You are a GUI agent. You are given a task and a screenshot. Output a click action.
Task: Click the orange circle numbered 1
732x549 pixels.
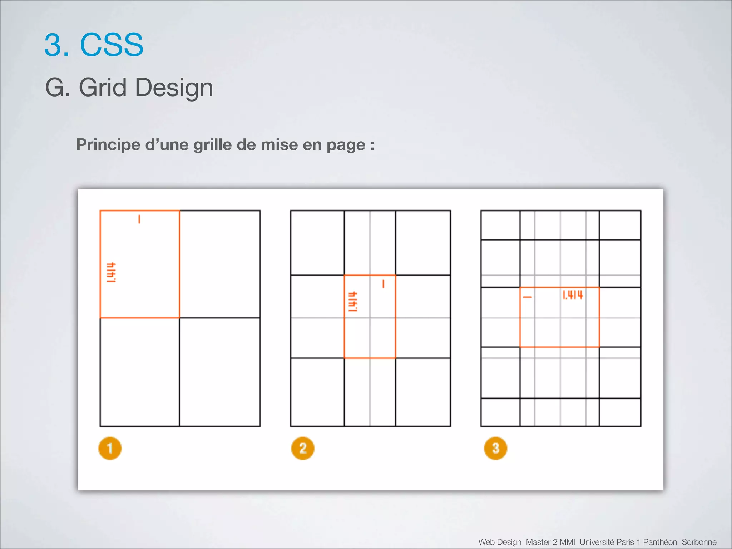click(110, 448)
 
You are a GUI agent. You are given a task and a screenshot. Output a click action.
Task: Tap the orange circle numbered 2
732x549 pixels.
click(303, 448)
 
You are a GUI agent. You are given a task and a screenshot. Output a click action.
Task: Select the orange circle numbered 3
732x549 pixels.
click(495, 448)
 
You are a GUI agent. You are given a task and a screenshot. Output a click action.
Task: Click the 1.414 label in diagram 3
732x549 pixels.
click(573, 295)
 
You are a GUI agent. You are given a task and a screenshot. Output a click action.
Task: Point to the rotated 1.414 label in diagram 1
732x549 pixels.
click(111, 272)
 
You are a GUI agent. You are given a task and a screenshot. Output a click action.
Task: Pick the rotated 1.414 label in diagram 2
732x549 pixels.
click(353, 302)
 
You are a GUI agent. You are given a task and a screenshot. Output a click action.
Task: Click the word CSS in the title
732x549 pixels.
click(112, 45)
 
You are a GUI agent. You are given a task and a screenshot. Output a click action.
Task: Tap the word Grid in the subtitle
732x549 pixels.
click(103, 87)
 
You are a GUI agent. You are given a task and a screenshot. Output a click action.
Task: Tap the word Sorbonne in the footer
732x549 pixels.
click(699, 542)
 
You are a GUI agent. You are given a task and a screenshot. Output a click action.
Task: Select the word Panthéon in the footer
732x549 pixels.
click(660, 542)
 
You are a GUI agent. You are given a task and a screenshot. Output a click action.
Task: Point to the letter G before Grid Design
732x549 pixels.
click(55, 87)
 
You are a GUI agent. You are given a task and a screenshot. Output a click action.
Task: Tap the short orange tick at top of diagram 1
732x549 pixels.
click(139, 219)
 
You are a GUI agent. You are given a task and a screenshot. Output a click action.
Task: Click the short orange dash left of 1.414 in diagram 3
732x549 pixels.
click(527, 297)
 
